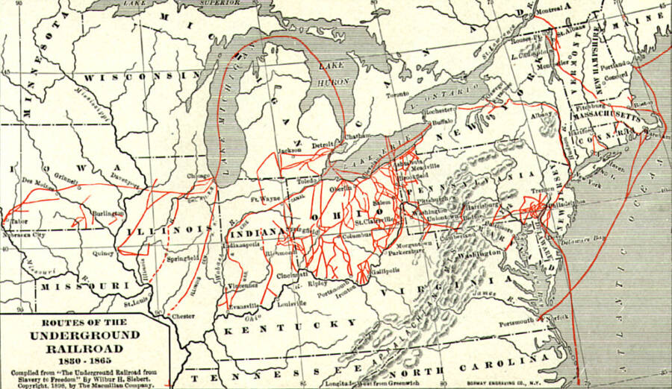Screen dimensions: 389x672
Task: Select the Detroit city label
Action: point(322,144)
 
